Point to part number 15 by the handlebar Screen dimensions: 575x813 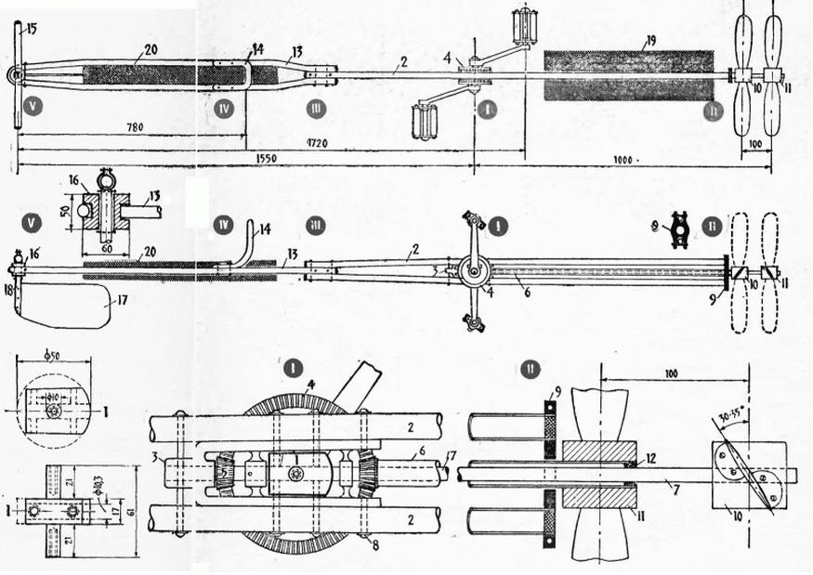[31, 30]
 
